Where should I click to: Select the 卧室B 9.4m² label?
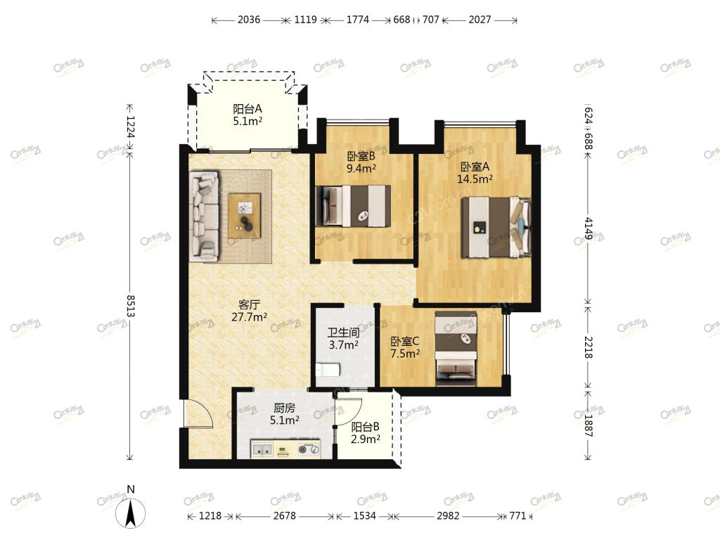click(x=361, y=162)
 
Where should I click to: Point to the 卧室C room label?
click(x=404, y=347)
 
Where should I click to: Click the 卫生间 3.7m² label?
click(x=343, y=338)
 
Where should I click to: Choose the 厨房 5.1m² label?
click(x=285, y=413)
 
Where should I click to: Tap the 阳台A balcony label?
click(x=247, y=115)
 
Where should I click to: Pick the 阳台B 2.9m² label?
click(x=366, y=433)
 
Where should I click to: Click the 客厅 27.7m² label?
click(x=250, y=310)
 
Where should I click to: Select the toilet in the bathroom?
click(x=328, y=370)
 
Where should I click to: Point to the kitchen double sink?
click(x=262, y=449)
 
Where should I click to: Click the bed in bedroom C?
click(x=456, y=348)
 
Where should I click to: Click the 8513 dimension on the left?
click(x=130, y=306)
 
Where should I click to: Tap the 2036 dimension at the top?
click(x=249, y=20)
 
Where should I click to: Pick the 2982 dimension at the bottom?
click(x=448, y=515)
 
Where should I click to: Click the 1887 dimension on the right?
click(x=589, y=425)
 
